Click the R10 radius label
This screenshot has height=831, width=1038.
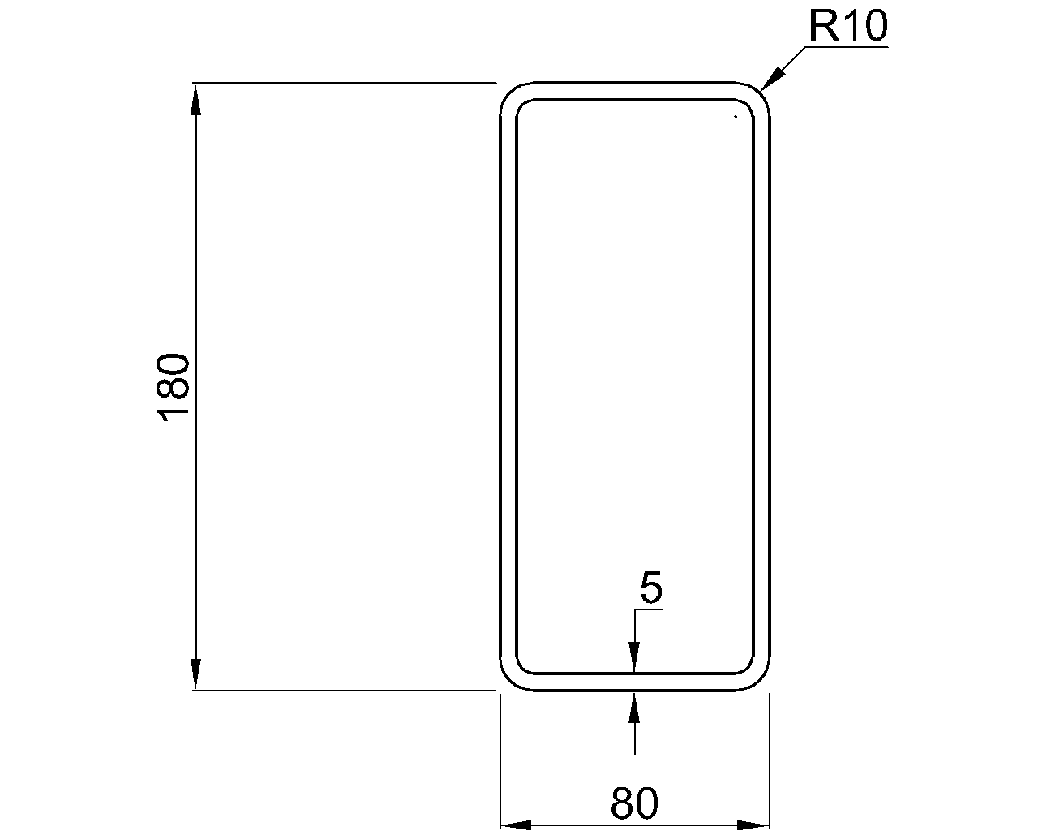pyautogui.click(x=847, y=27)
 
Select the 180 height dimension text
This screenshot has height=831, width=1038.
pyautogui.click(x=174, y=387)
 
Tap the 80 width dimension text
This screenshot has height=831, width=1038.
pyautogui.click(x=634, y=803)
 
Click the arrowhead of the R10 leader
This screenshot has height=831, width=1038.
pyautogui.click(x=771, y=78)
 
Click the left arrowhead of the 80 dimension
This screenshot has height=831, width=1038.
pyautogui.click(x=515, y=825)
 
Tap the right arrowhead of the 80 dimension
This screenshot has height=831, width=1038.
pyautogui.click(x=753, y=825)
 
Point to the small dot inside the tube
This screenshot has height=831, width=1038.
pyautogui.click(x=735, y=117)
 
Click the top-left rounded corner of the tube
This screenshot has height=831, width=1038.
pyautogui.click(x=509, y=93)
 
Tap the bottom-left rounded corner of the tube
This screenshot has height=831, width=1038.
pyautogui.click(x=509, y=680)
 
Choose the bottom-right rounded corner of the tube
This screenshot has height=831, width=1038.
pyautogui.click(x=760, y=680)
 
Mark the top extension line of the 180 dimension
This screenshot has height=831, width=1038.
pyautogui.click(x=341, y=83)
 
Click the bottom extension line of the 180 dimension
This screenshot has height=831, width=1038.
pyautogui.click(x=341, y=690)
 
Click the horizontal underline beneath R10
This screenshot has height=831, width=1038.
pyautogui.click(x=847, y=47)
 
